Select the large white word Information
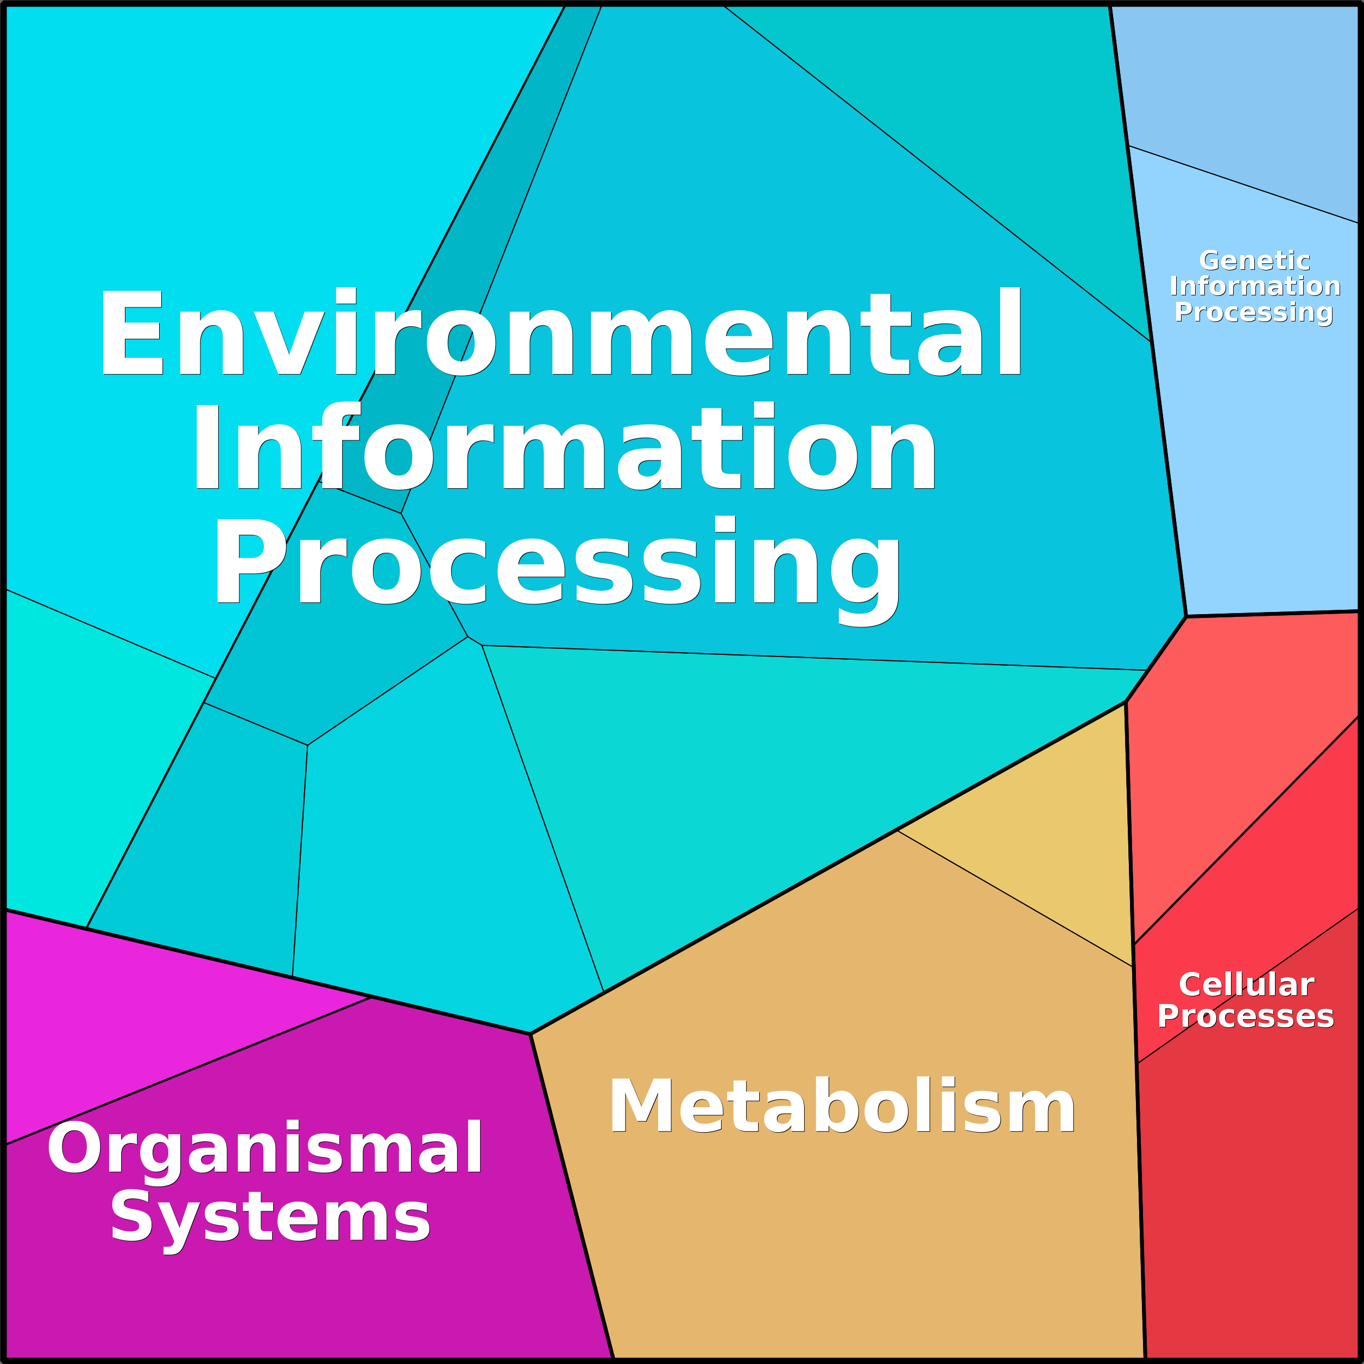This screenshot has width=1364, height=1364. (564, 445)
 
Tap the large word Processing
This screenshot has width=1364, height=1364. (557, 565)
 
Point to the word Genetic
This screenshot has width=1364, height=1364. (1254, 261)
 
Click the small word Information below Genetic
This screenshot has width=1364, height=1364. (1254, 286)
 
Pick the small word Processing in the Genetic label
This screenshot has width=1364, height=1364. (1254, 313)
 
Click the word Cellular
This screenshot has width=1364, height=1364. (1246, 985)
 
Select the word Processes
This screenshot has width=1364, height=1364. (1246, 1016)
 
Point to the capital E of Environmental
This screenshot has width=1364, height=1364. (132, 332)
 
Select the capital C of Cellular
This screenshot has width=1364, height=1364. (1190, 985)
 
